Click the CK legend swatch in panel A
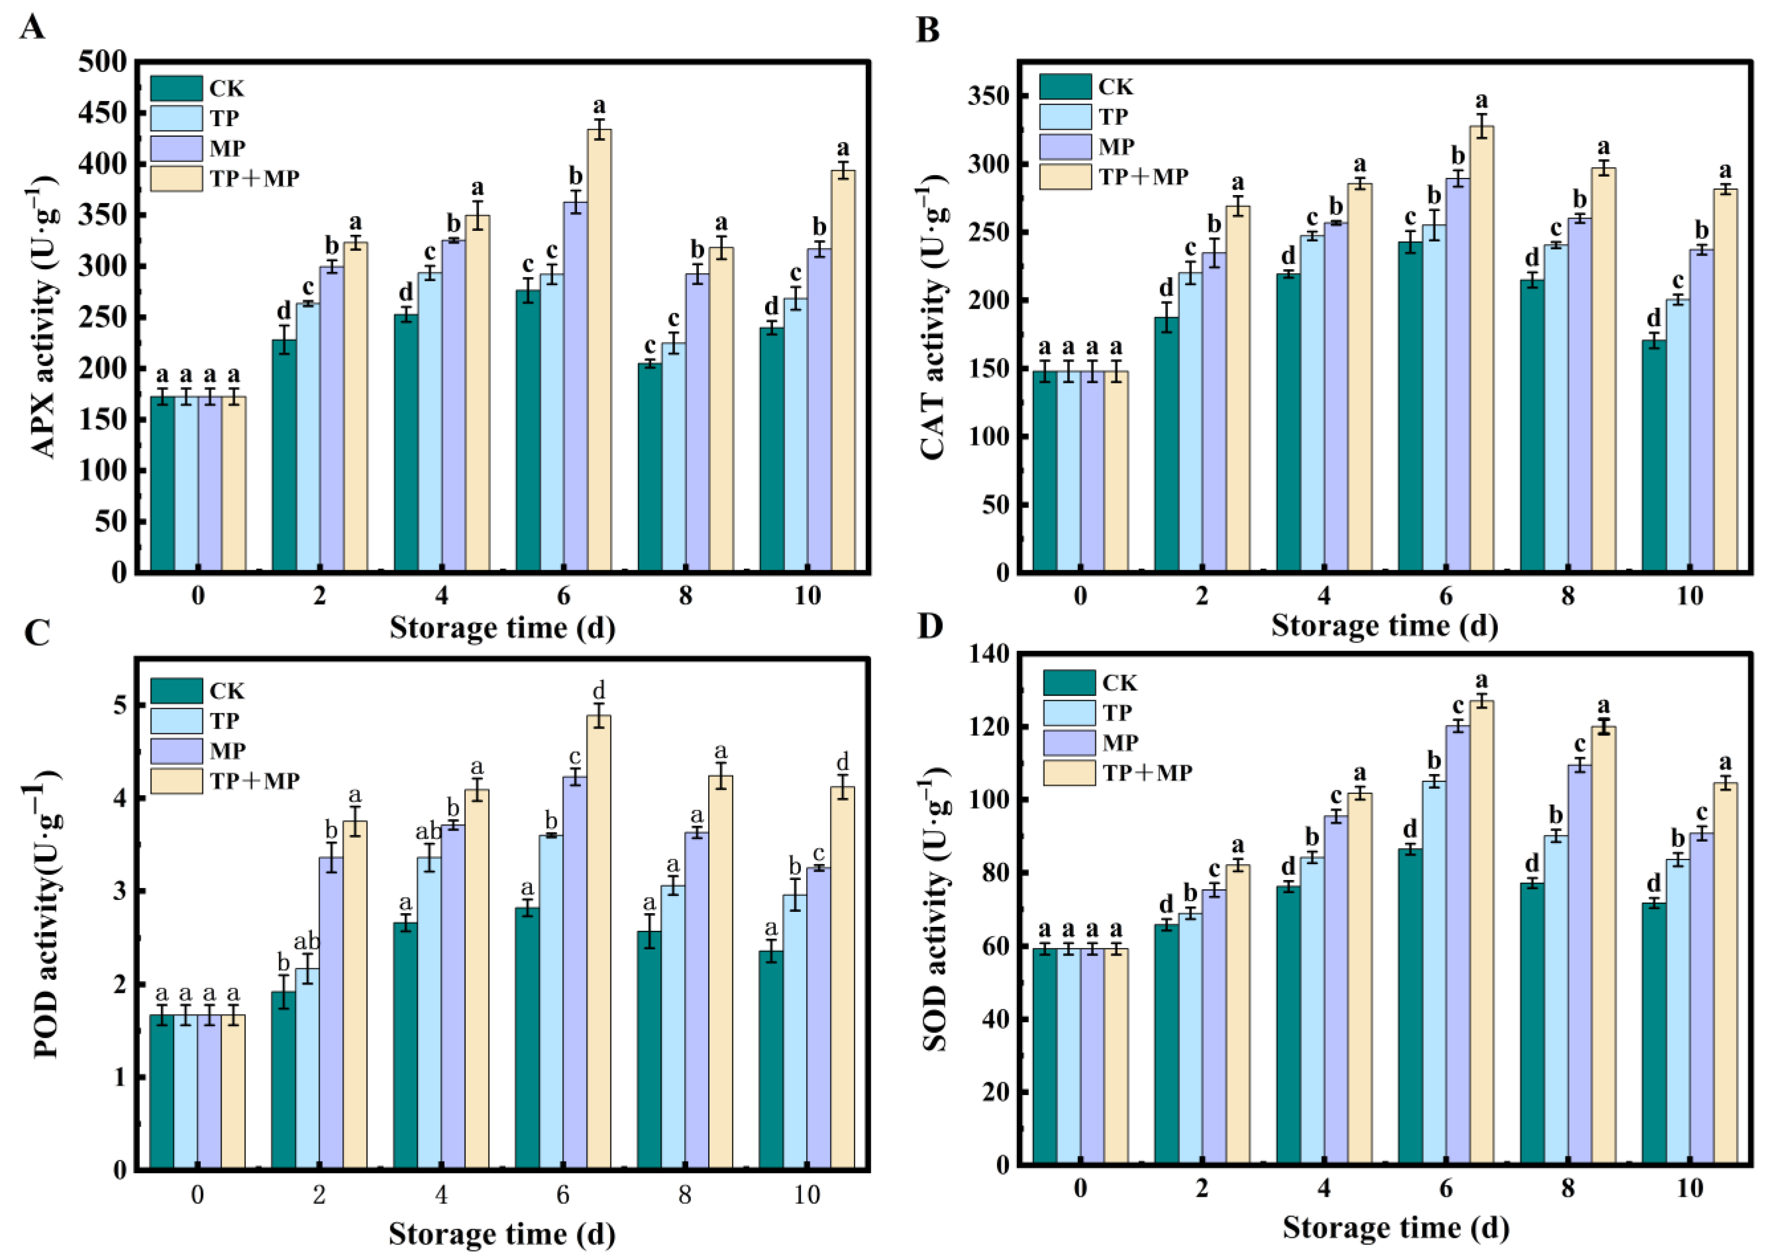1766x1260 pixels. tap(176, 88)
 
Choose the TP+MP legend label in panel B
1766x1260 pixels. tap(1144, 177)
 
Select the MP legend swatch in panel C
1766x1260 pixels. tap(176, 750)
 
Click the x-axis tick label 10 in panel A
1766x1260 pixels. tap(807, 596)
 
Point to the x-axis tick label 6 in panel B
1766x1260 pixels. tap(1445, 596)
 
